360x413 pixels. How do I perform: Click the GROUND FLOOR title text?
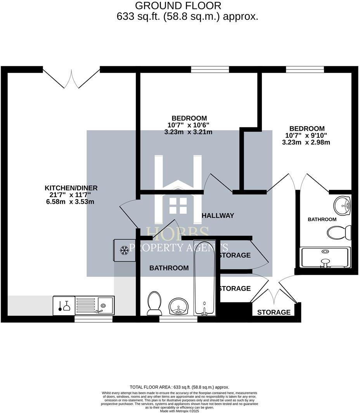point(178,6)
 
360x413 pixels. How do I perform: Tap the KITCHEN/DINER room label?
point(71,188)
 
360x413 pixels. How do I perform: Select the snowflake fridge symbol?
point(124,250)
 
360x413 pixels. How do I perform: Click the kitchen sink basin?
point(105,305)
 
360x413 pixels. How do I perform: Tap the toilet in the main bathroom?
point(154,303)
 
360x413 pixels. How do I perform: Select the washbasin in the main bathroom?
point(178,306)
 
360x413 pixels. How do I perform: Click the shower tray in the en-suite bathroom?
point(326,257)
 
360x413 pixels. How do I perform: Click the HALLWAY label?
point(218,215)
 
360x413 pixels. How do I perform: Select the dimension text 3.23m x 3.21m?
point(188,132)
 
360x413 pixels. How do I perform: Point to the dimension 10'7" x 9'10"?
point(306,135)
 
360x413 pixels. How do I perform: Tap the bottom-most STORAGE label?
point(273,312)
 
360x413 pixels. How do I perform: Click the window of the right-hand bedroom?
point(305,69)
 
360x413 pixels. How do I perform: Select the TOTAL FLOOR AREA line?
point(180,387)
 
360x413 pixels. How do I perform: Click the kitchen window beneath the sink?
point(93,319)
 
